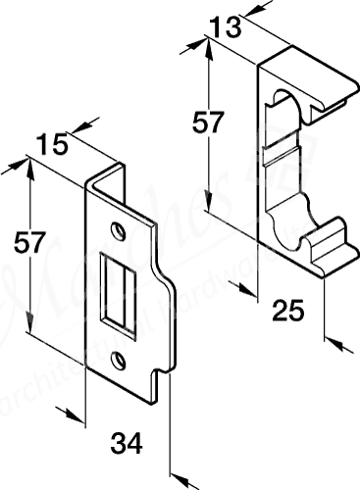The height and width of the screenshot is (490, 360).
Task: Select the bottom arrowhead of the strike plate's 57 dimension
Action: pyautogui.click(x=31, y=329)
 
